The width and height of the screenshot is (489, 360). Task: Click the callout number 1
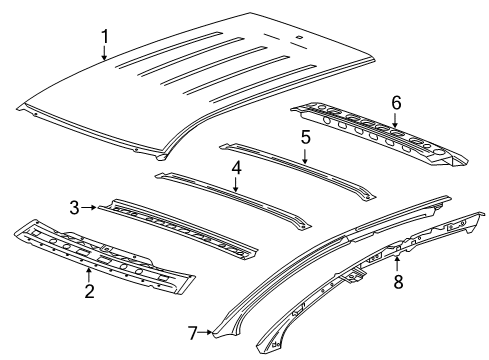pyautogui.click(x=104, y=39)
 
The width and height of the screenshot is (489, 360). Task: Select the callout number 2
pyautogui.click(x=89, y=291)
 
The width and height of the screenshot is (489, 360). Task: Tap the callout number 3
pyautogui.click(x=74, y=207)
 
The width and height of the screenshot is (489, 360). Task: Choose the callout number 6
pyautogui.click(x=395, y=102)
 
